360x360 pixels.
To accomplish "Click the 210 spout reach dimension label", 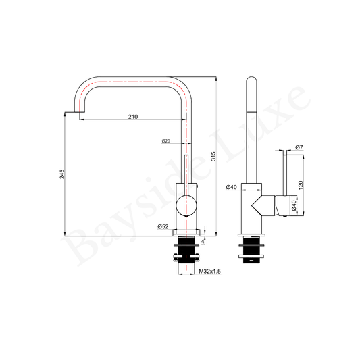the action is [x=133, y=117].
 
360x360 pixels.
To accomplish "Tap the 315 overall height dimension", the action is [x=213, y=156].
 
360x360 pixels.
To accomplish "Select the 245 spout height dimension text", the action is [x=62, y=174].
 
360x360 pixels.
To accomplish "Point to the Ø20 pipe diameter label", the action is [x=165, y=140].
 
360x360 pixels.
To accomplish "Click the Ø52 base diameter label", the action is [x=163, y=226].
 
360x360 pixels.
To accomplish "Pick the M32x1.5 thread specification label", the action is [x=209, y=272].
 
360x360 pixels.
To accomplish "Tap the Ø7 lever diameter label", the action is [x=299, y=147].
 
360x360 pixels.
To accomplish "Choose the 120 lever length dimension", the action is [x=301, y=185].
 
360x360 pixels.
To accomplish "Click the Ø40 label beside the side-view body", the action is [x=231, y=187].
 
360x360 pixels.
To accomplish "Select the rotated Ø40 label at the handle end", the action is [x=294, y=205].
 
